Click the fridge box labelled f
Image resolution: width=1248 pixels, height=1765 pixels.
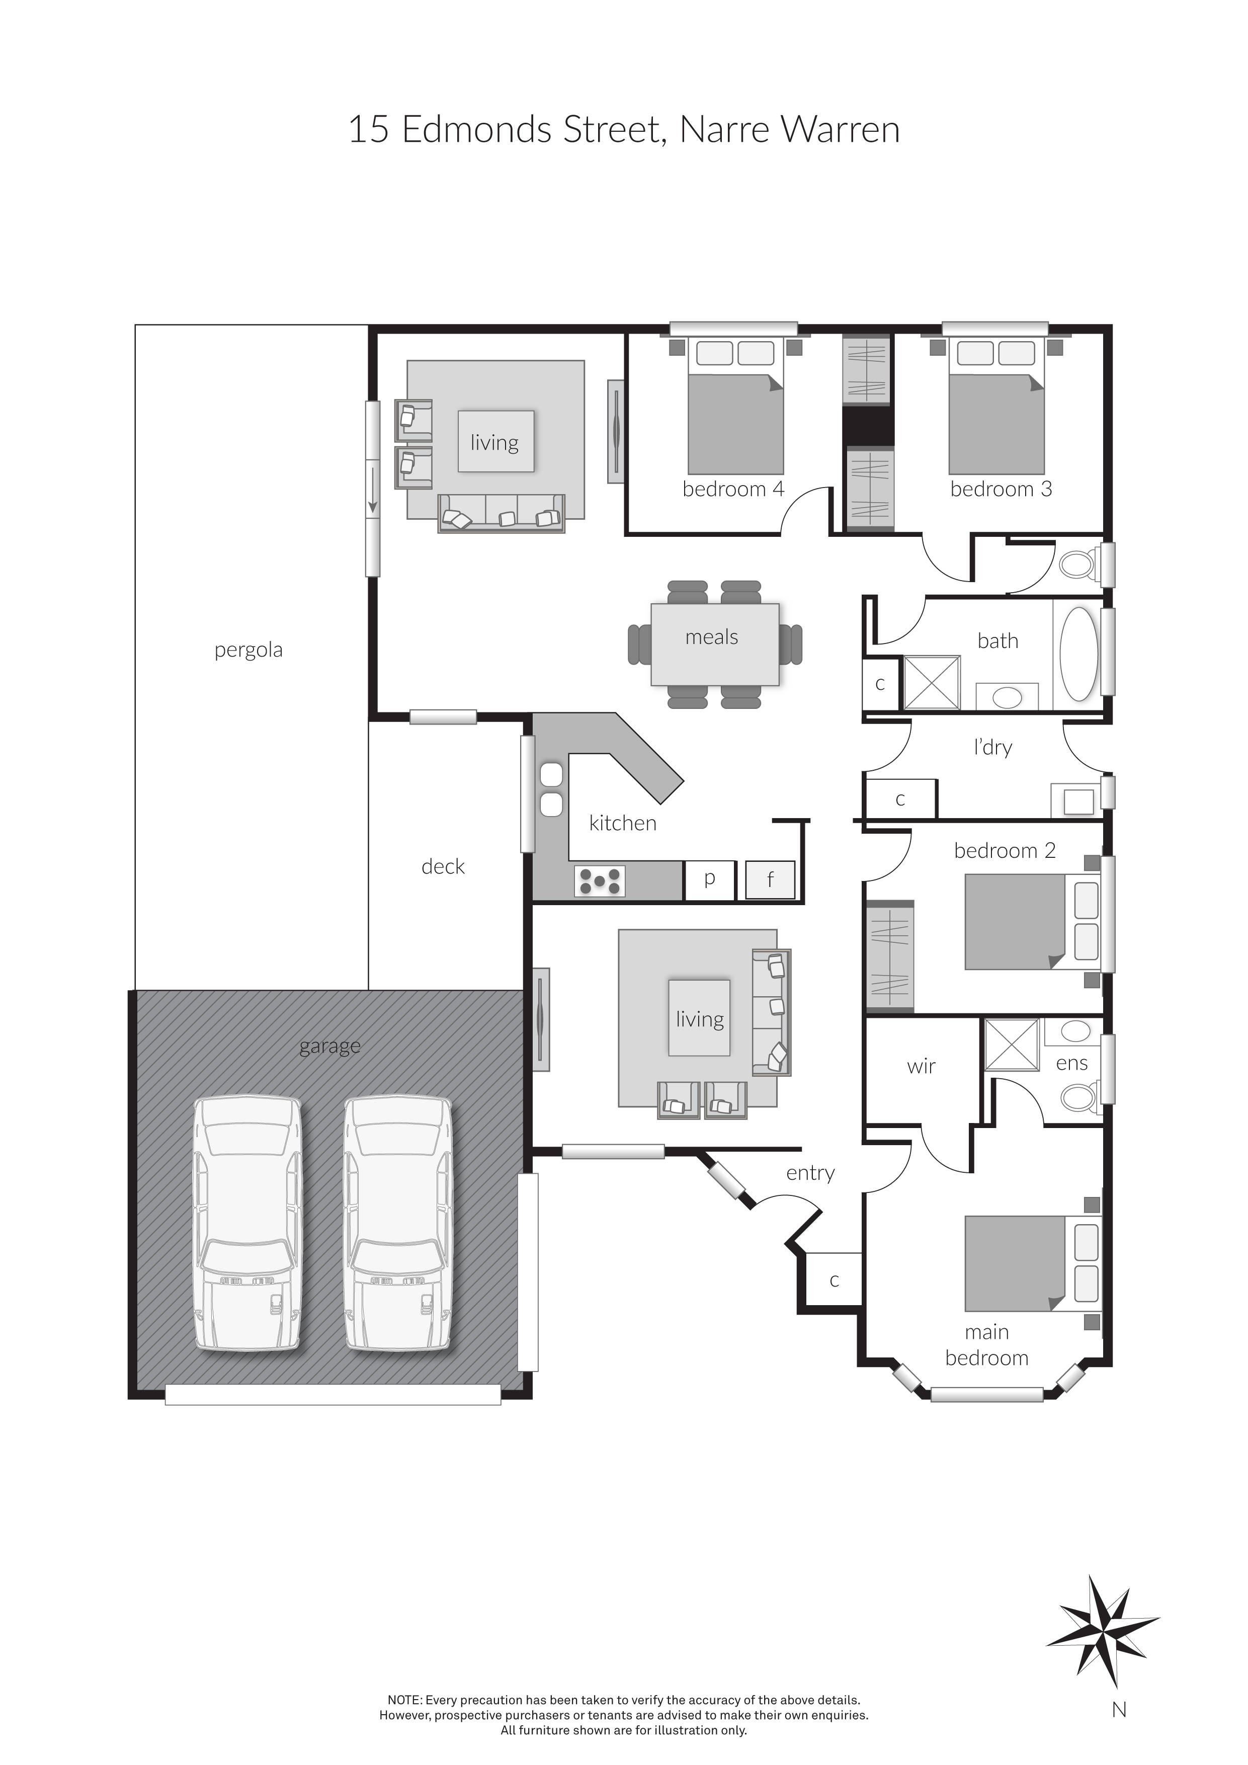pyautogui.click(x=769, y=879)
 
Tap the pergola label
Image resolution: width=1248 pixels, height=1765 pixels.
pyautogui.click(x=248, y=651)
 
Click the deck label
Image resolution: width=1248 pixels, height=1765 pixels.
pyautogui.click(x=443, y=867)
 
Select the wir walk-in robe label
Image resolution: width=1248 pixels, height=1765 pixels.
pyautogui.click(x=921, y=1066)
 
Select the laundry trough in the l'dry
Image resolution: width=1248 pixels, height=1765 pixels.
pyautogui.click(x=1077, y=801)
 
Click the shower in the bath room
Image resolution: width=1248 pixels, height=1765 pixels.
pyautogui.click(x=931, y=682)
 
